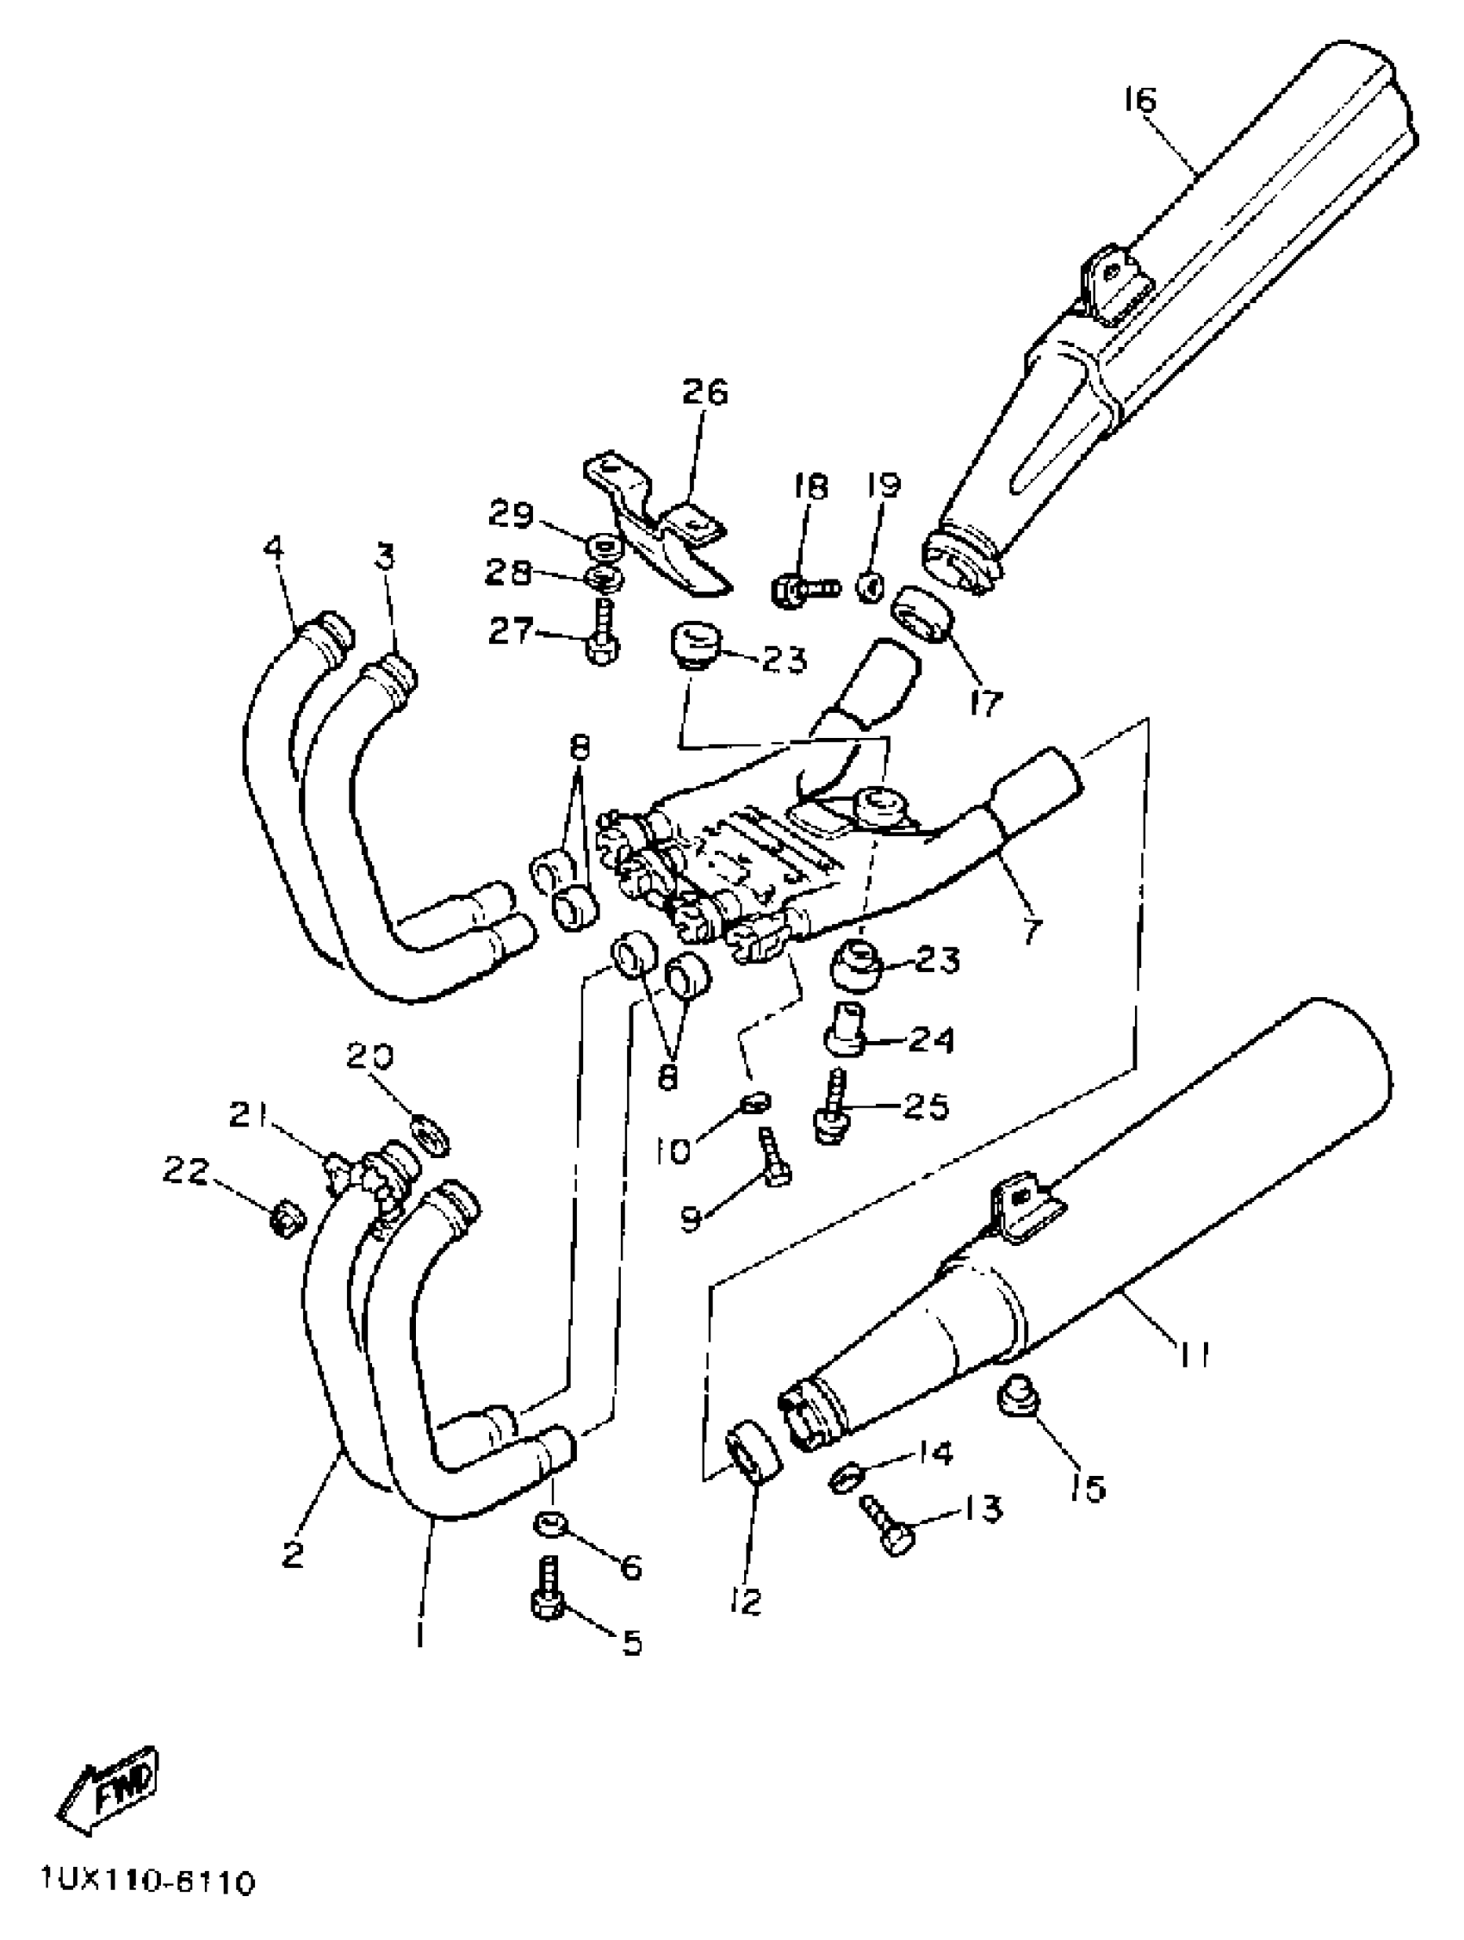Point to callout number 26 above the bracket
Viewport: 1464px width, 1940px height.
tap(705, 392)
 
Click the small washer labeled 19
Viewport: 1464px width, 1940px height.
tap(870, 586)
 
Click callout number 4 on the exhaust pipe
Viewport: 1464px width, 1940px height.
tap(274, 550)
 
